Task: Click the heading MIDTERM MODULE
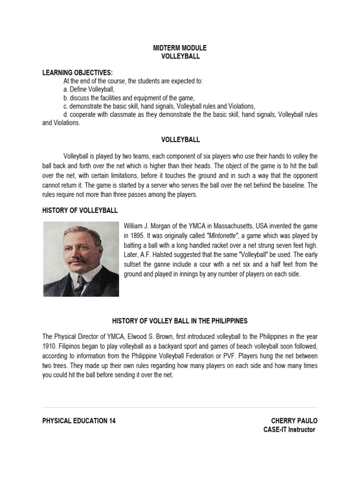coord(180,48)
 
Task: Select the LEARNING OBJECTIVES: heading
coord(77,72)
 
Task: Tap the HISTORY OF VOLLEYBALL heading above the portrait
coord(80,210)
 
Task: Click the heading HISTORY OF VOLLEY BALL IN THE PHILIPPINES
coord(180,321)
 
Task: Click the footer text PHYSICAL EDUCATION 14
coord(79,420)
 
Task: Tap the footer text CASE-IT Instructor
coord(290,429)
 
